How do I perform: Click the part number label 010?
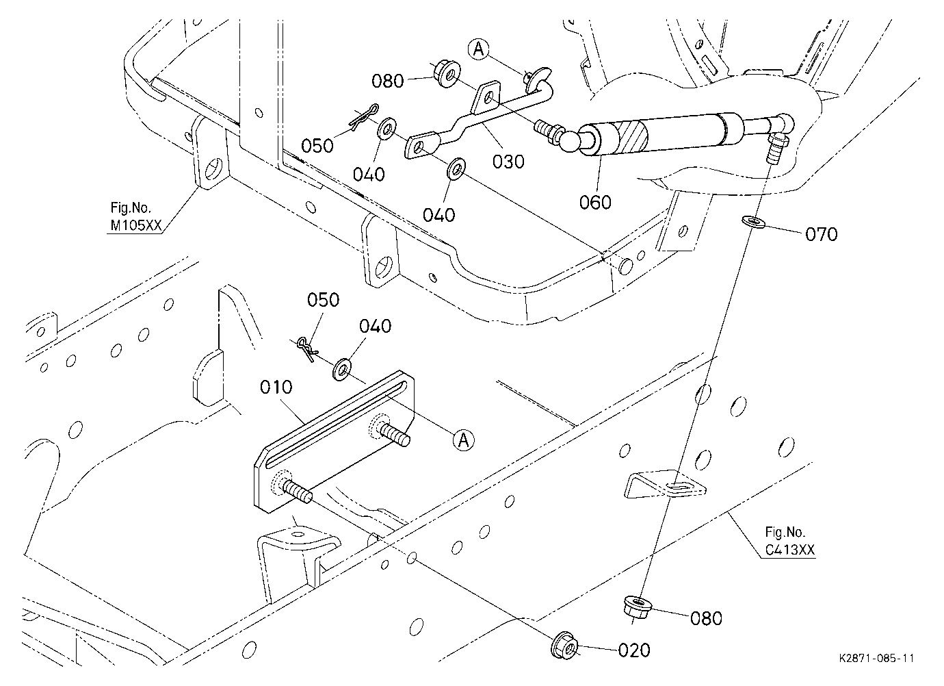[x=276, y=387]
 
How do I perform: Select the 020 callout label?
[x=634, y=650]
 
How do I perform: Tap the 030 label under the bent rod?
[x=508, y=162]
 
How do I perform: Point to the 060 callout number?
[x=595, y=203]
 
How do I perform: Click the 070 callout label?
[x=822, y=234]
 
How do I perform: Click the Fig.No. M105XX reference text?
[x=135, y=216]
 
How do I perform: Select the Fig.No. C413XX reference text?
[x=789, y=542]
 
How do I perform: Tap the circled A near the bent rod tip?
[x=478, y=49]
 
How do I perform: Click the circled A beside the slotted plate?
[x=463, y=440]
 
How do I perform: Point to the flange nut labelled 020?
[x=564, y=644]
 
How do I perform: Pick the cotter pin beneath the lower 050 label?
[x=306, y=348]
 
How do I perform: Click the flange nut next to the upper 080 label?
[x=447, y=74]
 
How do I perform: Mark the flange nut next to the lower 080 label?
[x=638, y=607]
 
